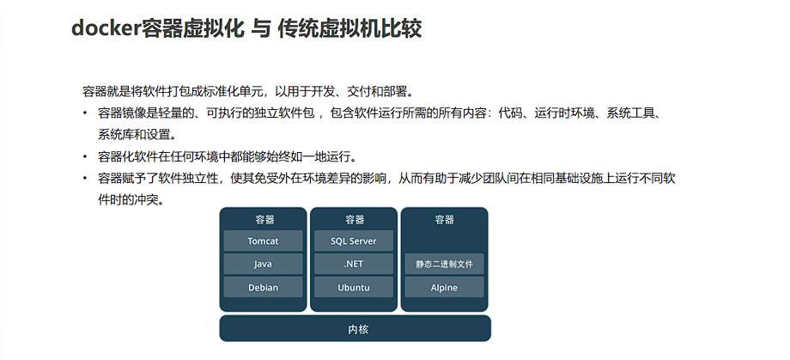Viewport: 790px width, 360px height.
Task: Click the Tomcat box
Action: [x=263, y=241]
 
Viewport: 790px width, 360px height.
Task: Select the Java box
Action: [x=263, y=264]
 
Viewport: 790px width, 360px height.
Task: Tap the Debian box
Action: [x=263, y=287]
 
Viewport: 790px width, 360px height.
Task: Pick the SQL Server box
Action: [x=354, y=241]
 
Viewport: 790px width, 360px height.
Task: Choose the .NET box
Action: [x=354, y=264]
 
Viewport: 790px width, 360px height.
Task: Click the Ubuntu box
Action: [x=354, y=287]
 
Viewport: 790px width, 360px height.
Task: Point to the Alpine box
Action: [x=444, y=287]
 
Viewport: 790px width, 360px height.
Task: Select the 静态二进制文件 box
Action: [x=444, y=264]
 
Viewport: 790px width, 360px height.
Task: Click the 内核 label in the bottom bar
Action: [x=355, y=329]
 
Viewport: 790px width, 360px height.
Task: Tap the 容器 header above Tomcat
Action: [x=264, y=219]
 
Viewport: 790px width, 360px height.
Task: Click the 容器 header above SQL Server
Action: [x=354, y=219]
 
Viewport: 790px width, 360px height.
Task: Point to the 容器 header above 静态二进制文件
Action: [x=444, y=219]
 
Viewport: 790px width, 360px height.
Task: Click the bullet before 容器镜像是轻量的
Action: [x=84, y=113]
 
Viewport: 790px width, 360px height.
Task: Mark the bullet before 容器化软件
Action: [x=84, y=156]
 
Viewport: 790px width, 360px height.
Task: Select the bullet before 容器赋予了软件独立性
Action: [x=84, y=179]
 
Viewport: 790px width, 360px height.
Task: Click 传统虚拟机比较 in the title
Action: [x=349, y=28]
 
